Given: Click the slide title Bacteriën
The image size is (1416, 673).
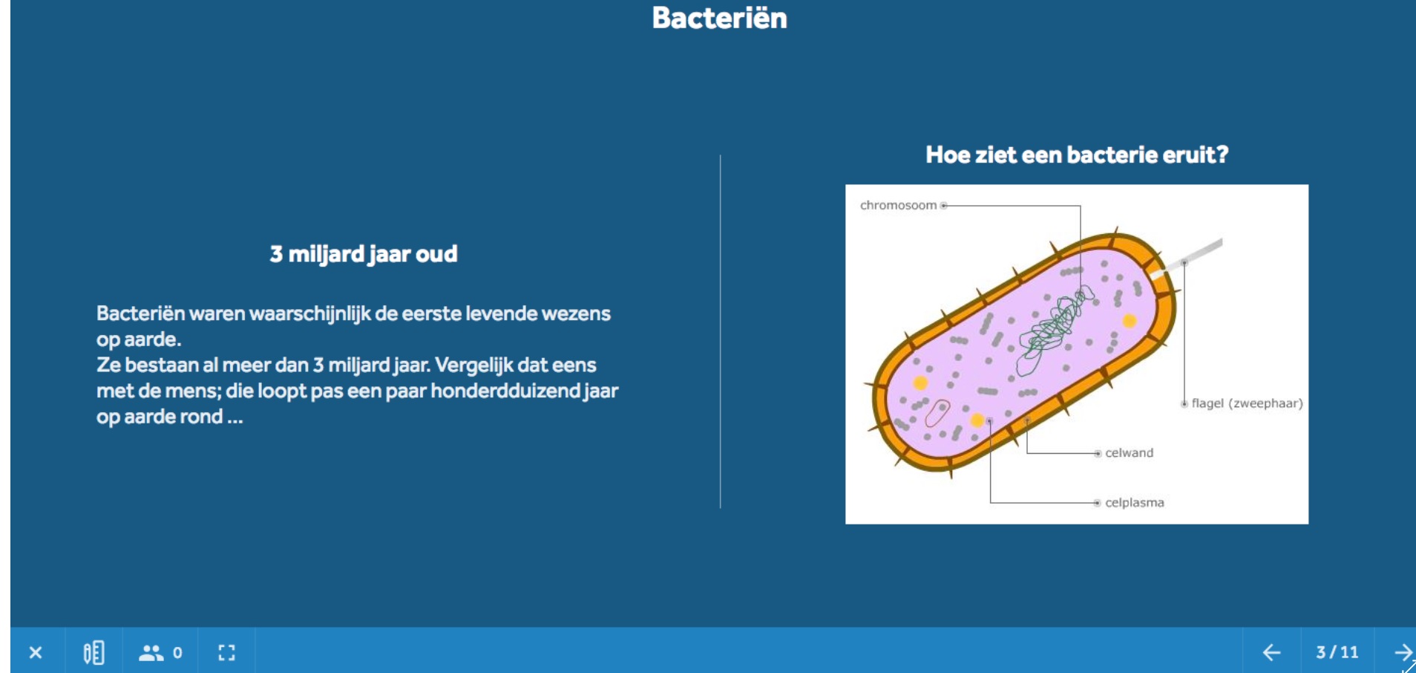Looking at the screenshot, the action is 719,18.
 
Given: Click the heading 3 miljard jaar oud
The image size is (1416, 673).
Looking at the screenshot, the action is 364,254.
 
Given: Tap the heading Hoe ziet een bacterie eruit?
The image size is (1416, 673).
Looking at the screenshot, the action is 1077,155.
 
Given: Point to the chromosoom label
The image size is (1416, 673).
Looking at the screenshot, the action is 898,205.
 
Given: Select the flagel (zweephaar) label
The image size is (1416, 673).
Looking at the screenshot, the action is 1247,403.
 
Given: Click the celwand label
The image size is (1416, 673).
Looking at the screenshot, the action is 1129,453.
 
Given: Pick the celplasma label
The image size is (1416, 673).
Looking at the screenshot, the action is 1135,503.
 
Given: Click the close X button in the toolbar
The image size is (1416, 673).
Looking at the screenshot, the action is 36,652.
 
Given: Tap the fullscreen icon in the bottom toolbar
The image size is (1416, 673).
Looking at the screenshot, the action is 226,652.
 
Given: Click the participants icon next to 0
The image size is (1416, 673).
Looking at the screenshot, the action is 151,652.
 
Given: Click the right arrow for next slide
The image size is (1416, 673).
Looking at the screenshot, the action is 1402,652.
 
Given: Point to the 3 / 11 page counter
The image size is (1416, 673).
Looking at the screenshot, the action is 1337,652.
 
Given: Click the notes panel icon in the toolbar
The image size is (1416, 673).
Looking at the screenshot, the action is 94,652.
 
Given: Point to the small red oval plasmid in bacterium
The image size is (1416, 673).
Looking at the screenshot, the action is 938,413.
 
